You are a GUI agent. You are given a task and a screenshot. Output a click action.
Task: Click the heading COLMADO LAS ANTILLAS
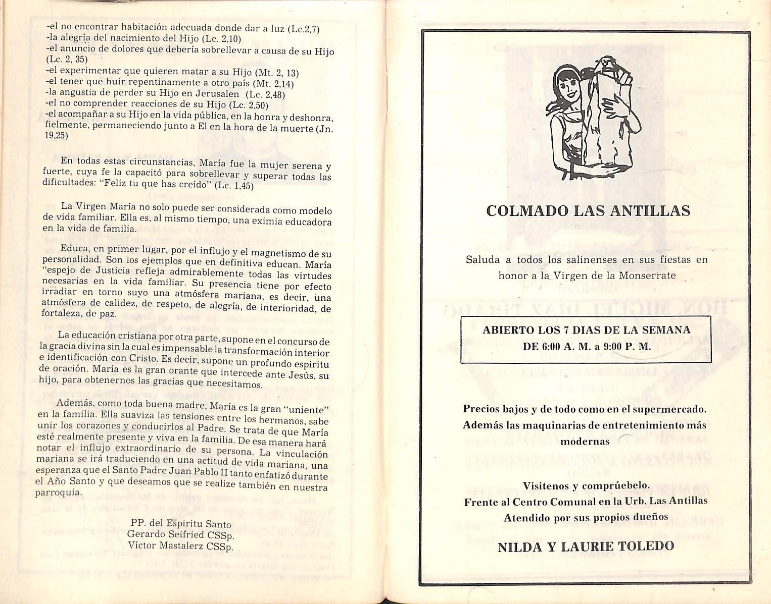(588, 211)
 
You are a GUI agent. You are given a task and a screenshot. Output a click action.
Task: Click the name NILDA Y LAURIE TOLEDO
(586, 546)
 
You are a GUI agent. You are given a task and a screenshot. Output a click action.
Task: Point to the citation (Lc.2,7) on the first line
(304, 29)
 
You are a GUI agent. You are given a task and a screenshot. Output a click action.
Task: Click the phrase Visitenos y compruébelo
(586, 486)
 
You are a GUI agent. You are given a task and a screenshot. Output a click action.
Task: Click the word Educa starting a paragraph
(75, 249)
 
